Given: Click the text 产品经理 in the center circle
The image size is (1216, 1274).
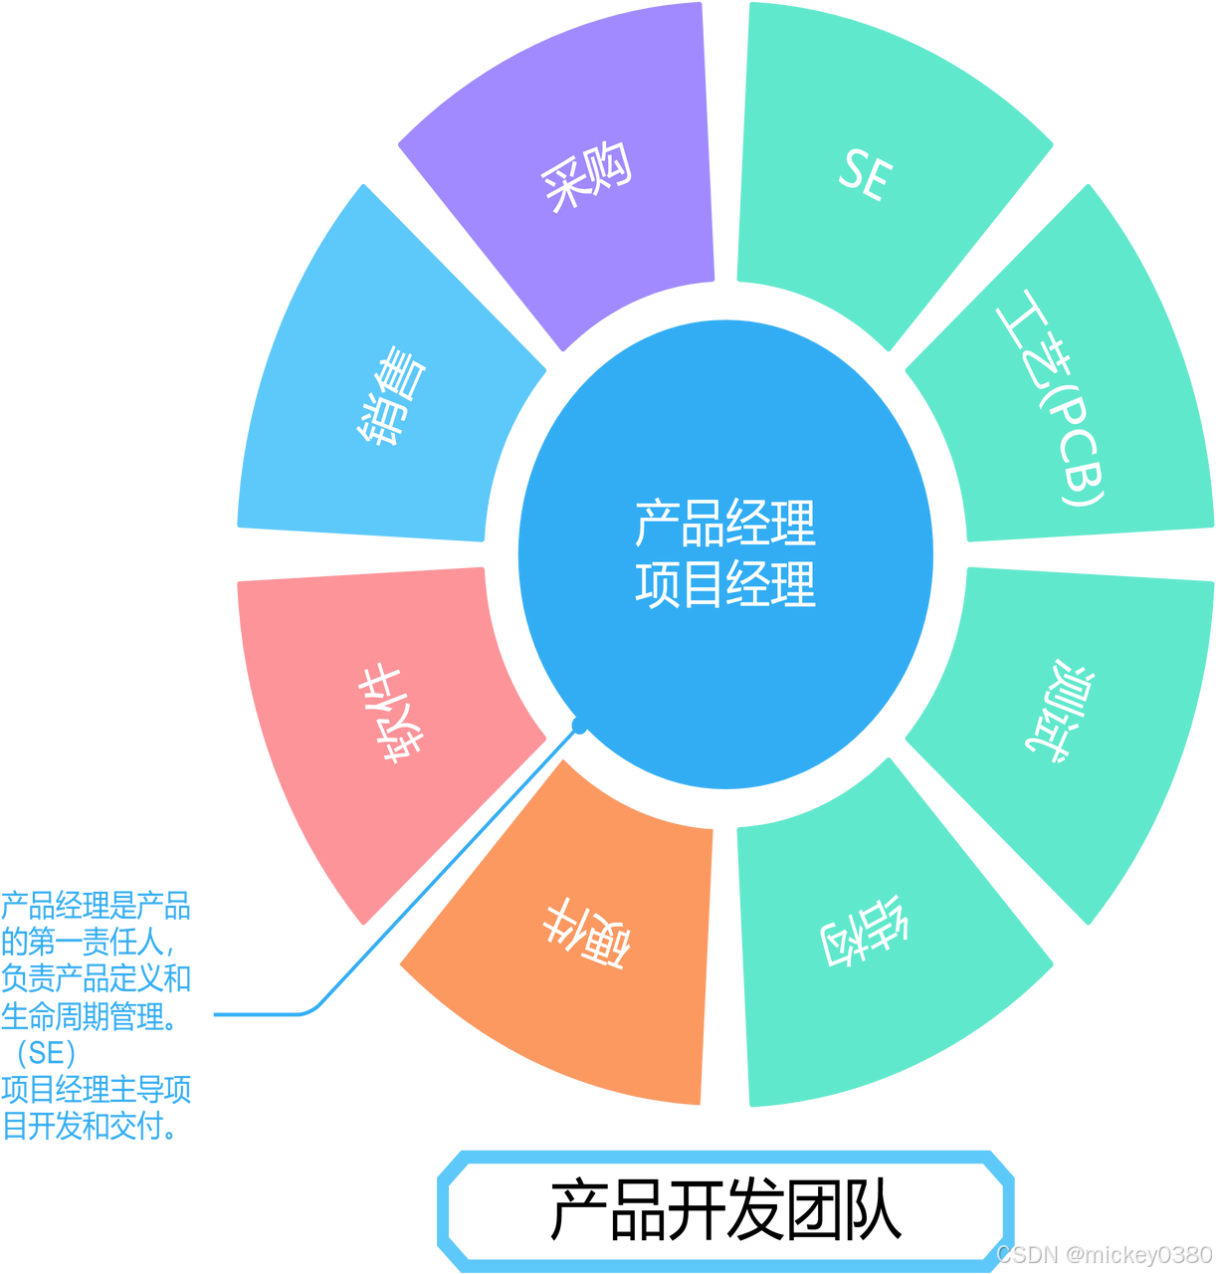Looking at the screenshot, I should (725, 524).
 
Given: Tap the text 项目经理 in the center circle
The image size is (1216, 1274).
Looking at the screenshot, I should (725, 584).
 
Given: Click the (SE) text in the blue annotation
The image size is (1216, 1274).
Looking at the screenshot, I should (46, 1053).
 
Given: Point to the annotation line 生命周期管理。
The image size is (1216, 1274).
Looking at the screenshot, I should (90, 1016).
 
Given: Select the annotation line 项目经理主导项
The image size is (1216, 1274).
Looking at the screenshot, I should (97, 1090).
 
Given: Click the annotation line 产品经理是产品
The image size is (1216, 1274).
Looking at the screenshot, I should (97, 906).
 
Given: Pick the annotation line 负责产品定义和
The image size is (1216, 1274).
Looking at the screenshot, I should (97, 979).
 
